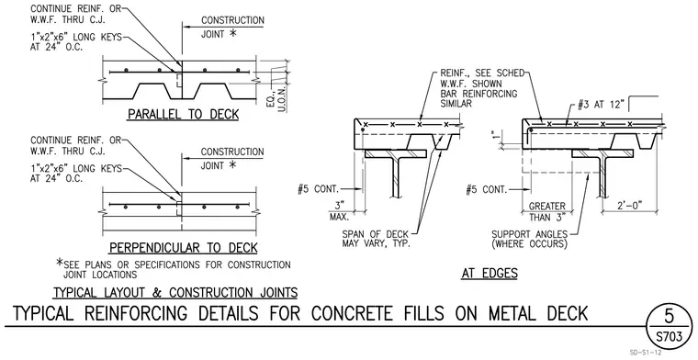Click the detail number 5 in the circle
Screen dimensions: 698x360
point(669,316)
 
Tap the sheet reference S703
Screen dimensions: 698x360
point(669,336)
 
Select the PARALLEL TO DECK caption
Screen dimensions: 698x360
point(184,115)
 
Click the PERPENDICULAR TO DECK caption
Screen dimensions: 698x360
point(184,248)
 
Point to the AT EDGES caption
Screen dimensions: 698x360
point(490,274)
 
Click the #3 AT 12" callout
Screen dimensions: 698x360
point(601,105)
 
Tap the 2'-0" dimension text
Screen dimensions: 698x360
point(629,206)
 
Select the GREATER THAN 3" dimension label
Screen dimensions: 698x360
point(547,212)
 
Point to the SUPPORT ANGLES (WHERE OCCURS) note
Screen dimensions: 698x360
point(530,239)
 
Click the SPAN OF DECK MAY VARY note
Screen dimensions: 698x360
point(377,239)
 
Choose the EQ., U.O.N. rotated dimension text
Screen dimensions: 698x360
point(276,98)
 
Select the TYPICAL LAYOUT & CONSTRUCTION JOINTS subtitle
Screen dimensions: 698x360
point(175,293)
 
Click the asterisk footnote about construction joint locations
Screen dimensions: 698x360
point(174,269)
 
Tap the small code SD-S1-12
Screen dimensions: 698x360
point(646,353)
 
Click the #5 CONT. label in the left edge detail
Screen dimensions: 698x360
point(319,189)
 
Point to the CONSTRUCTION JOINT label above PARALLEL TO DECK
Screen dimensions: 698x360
point(232,27)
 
